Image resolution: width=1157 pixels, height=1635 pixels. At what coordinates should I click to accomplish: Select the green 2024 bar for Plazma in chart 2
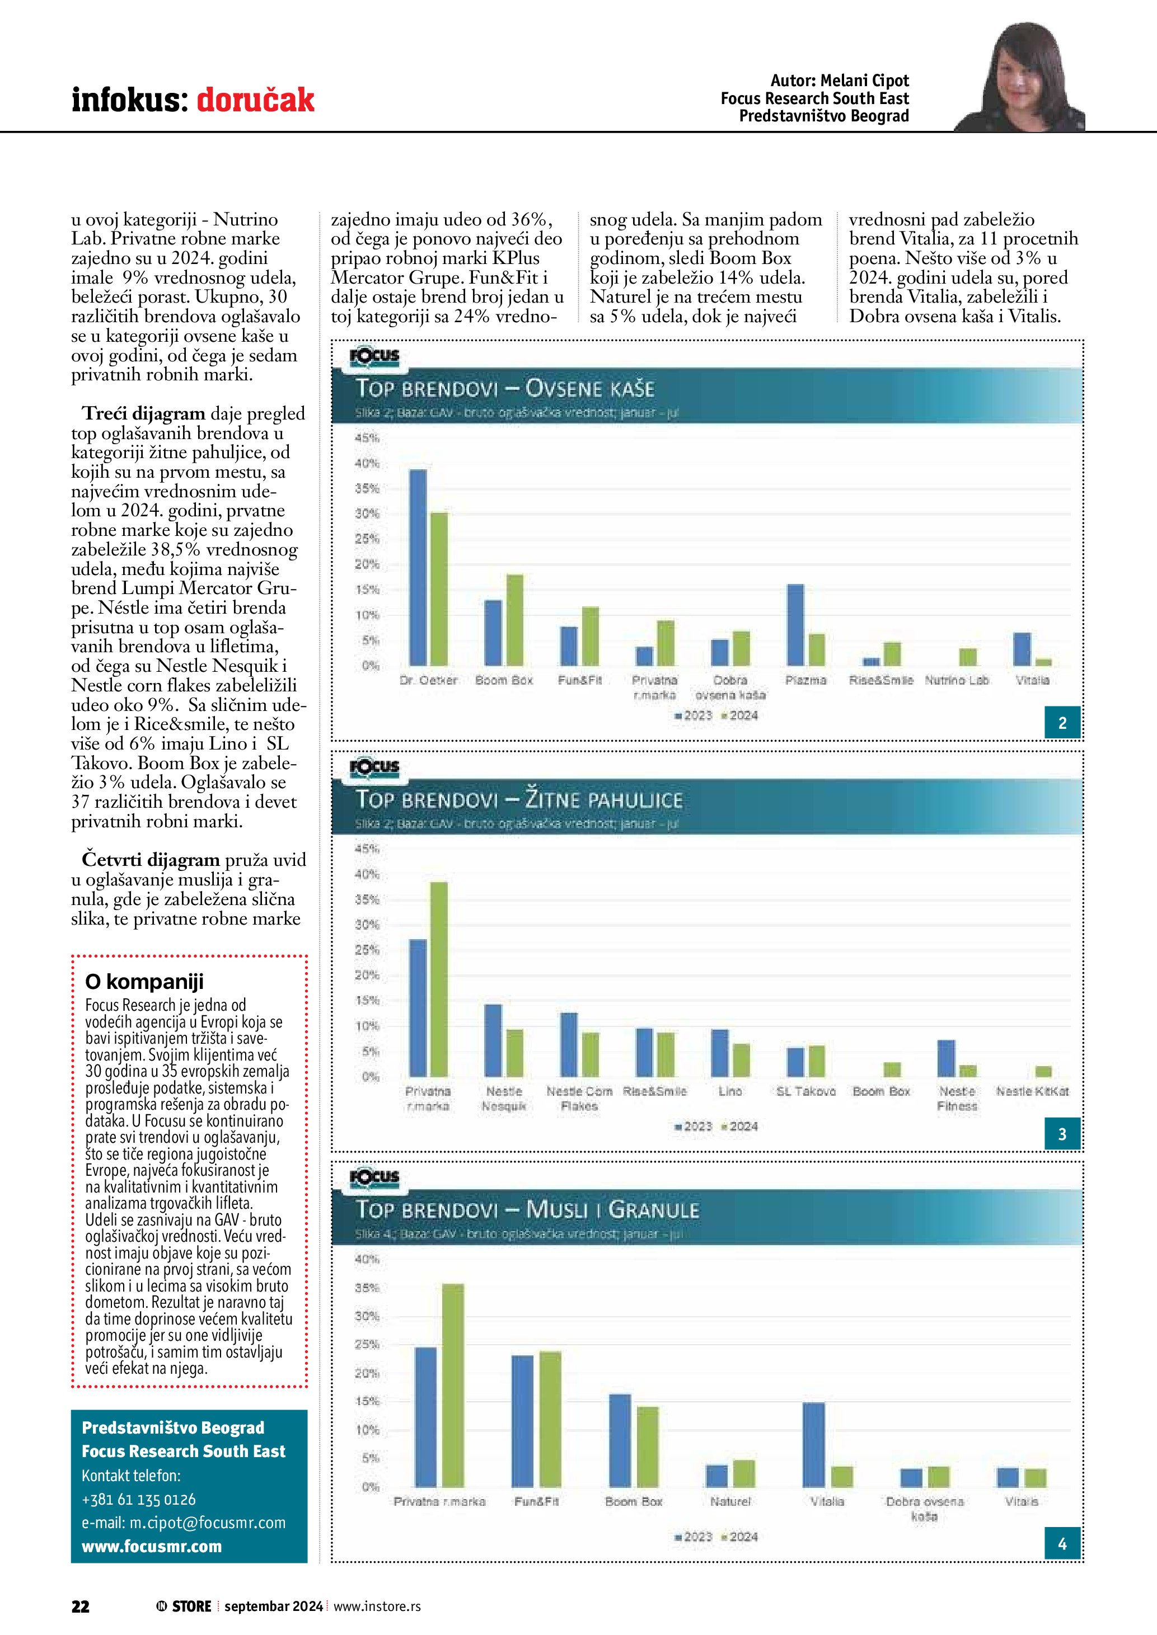click(817, 649)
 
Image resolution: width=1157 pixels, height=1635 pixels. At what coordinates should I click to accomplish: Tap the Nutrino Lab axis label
click(957, 680)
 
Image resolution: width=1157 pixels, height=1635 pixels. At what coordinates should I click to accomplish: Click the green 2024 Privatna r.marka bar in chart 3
click(439, 978)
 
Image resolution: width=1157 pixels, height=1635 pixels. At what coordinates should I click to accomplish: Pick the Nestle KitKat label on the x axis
click(1032, 1091)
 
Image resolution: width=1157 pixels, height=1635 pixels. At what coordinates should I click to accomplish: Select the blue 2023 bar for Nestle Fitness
click(946, 1058)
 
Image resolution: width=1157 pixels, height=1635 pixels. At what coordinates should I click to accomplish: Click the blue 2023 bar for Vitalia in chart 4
click(814, 1444)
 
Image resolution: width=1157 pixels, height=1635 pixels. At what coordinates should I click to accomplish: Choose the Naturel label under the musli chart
click(730, 1501)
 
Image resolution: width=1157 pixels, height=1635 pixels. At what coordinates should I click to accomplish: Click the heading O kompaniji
click(144, 981)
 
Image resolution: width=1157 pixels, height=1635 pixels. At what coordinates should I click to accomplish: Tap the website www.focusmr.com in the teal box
click(152, 1546)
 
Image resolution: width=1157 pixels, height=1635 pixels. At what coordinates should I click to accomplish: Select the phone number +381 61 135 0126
click(139, 1499)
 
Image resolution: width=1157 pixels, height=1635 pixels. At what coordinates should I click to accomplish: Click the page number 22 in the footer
click(81, 1606)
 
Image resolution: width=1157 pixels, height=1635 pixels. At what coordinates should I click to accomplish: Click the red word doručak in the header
click(255, 100)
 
